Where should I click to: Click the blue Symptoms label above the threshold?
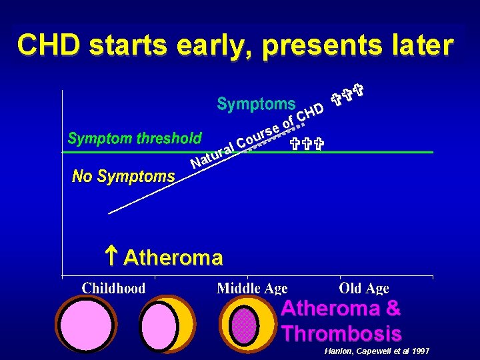[x=256, y=104]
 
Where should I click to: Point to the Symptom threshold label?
[x=135, y=139]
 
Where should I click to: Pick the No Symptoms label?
[x=123, y=177]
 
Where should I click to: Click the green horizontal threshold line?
[x=373, y=153]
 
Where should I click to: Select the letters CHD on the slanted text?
[x=310, y=112]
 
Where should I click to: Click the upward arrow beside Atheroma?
[x=111, y=256]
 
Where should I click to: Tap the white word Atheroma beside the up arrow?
[x=173, y=257]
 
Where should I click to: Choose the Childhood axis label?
[x=113, y=288]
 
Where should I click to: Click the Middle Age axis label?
[x=252, y=288]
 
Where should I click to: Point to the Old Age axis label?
[x=364, y=288]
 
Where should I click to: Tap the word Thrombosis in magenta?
[x=341, y=333]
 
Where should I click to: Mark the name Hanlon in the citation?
[x=338, y=351]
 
